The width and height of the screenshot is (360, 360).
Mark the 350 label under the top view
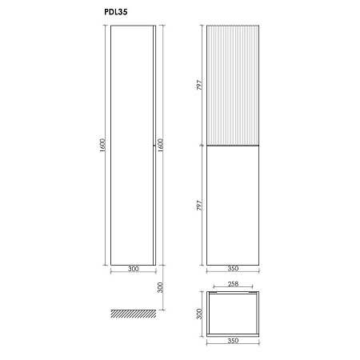tap(234, 341)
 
